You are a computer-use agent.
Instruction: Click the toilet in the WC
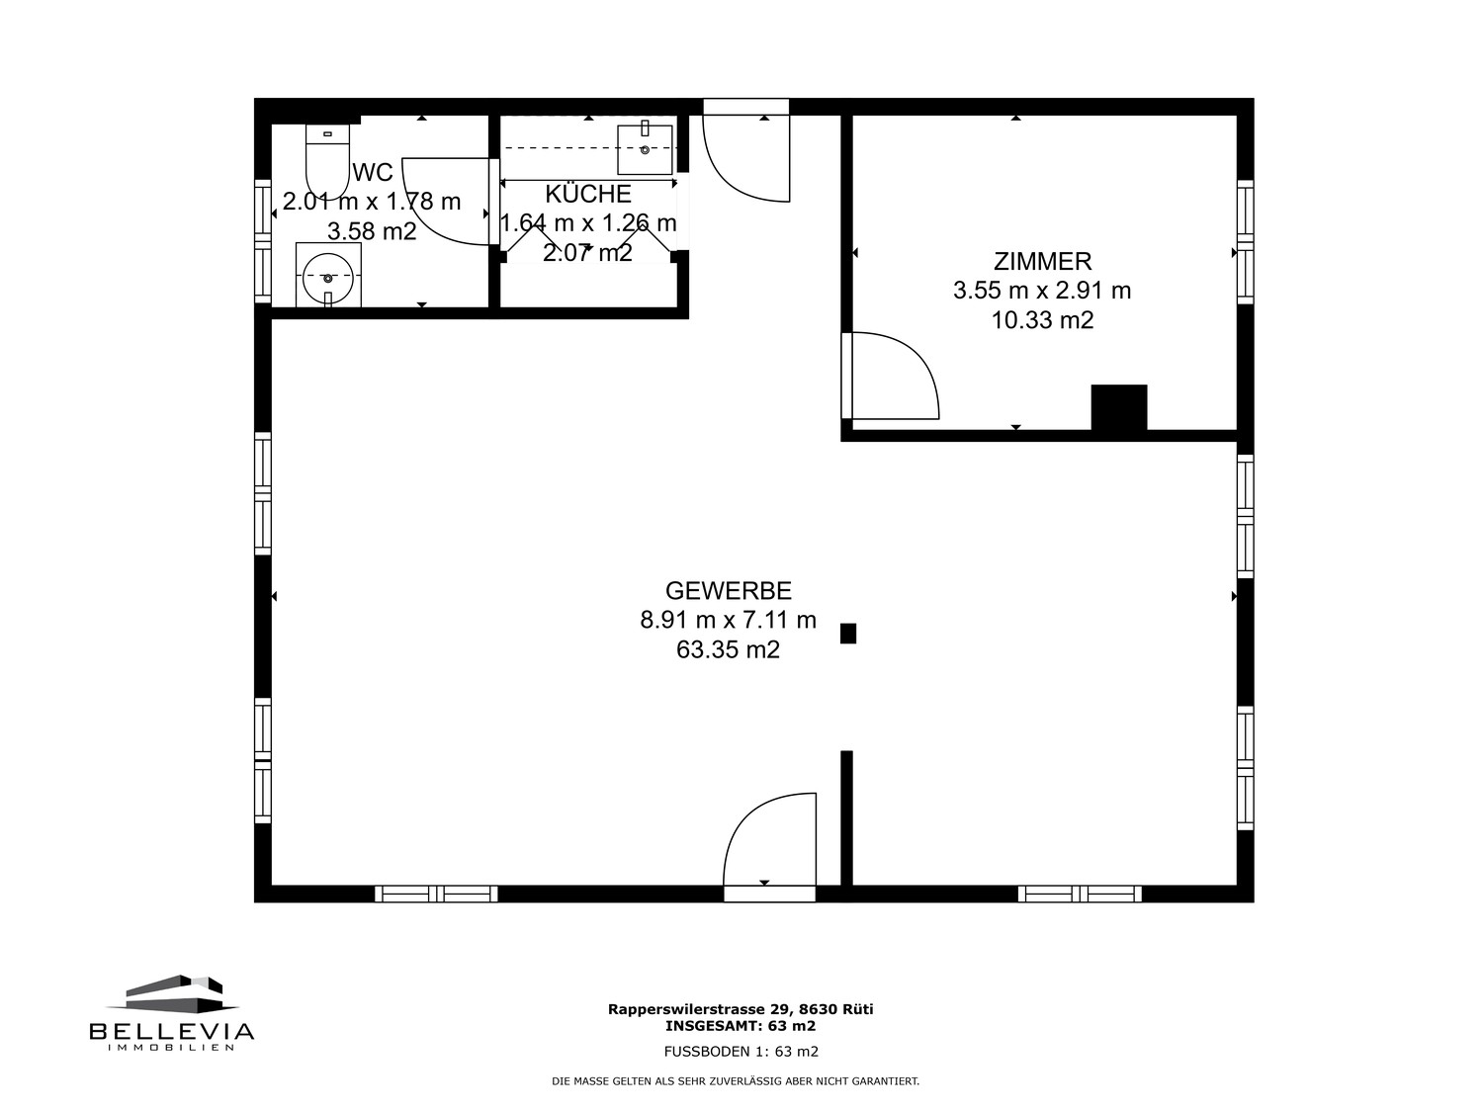[x=327, y=162]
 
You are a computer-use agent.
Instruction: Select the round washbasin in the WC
[x=327, y=278]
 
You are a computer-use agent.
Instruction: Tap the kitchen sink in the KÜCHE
[x=645, y=149]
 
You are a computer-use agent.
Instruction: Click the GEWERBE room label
[x=729, y=591]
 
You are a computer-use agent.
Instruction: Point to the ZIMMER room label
[x=1042, y=261]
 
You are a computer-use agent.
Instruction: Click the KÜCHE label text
[x=588, y=194]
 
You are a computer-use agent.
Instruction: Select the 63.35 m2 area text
[x=729, y=649]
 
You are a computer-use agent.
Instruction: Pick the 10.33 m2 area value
[x=1042, y=319]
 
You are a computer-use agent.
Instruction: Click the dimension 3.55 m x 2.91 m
[x=1042, y=291]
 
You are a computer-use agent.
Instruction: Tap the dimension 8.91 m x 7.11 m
[x=729, y=620]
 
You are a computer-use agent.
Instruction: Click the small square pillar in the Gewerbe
[x=848, y=634]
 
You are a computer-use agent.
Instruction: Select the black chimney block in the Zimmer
[x=1119, y=407]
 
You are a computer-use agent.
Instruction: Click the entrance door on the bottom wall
[x=769, y=847]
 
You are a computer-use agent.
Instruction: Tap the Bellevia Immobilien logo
[x=172, y=1013]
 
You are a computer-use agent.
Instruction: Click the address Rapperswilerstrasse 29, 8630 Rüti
[x=741, y=1009]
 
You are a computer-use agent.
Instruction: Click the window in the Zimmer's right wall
[x=1245, y=242]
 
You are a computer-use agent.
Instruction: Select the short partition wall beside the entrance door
[x=846, y=817]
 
